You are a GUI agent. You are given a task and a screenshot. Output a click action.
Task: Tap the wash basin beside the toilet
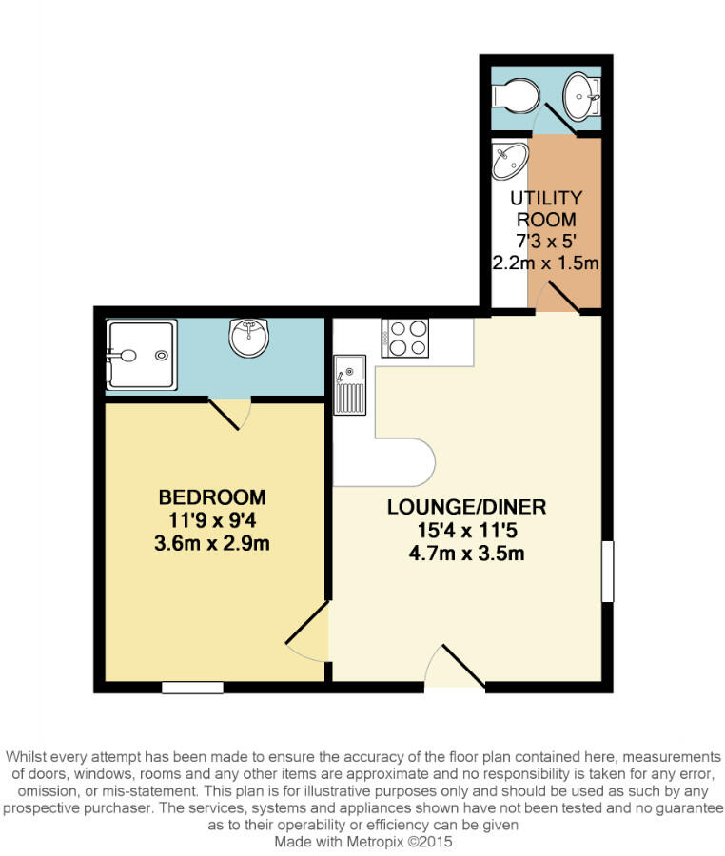[x=581, y=93]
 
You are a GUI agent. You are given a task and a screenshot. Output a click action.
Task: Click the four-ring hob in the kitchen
[x=405, y=338]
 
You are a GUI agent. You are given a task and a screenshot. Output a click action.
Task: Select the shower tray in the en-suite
[x=141, y=355]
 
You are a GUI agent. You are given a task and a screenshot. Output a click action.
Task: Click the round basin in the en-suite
[x=250, y=337]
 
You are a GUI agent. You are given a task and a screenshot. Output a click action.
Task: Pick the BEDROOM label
[x=212, y=496]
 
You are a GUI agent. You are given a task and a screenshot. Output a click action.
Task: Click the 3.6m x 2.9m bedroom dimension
[x=212, y=544]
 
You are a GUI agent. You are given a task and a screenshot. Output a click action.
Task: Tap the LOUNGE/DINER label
[x=466, y=506]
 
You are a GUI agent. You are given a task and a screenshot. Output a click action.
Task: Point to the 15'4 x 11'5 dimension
[x=466, y=530]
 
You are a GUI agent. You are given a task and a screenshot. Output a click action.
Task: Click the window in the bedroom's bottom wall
[x=192, y=687]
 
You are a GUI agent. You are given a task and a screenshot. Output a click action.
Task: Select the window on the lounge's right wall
[x=607, y=571]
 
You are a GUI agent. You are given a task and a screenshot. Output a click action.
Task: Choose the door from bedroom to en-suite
[x=230, y=412]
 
